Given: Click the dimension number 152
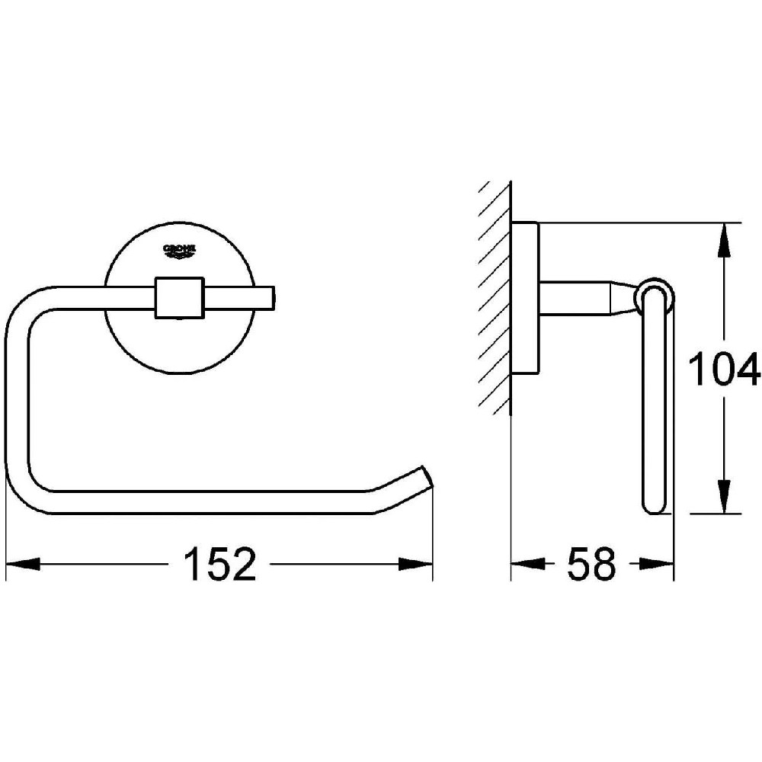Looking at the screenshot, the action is coord(219,564).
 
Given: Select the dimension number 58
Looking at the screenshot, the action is coord(591,564).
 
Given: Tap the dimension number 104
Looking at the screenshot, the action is coord(724,369).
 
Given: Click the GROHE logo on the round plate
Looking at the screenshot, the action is coord(180,250).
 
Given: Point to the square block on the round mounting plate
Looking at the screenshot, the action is coord(179,298).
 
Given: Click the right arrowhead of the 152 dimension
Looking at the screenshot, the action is coord(415,564).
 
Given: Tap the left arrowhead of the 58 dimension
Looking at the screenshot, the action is coord(528,564).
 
